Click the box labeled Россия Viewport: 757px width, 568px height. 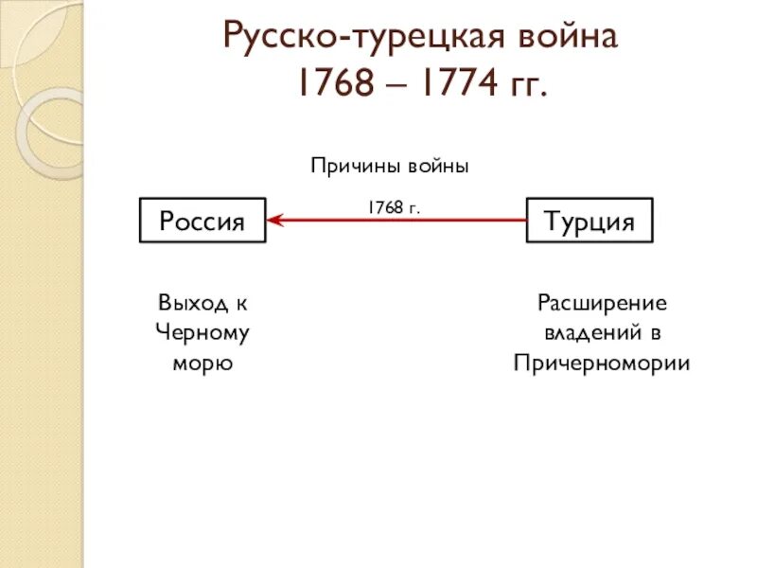[x=202, y=221]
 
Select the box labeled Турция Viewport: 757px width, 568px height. [x=589, y=221]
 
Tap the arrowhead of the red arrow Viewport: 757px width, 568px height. [x=274, y=221]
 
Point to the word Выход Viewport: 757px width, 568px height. [x=191, y=303]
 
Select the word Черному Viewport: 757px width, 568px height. [x=202, y=333]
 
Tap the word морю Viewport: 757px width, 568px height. [x=202, y=364]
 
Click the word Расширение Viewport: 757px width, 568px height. [x=603, y=303]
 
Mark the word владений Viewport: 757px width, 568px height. [x=588, y=333]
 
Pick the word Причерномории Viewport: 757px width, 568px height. [x=603, y=364]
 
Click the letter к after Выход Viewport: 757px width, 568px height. [x=241, y=303]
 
